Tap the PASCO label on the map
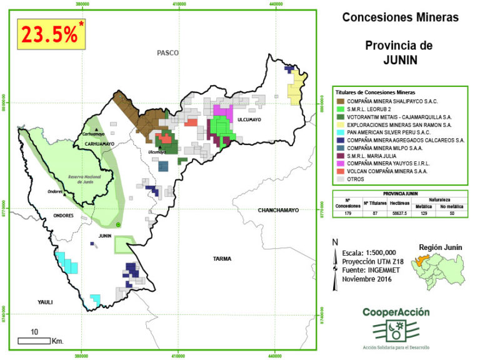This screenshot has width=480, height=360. tap(167, 53)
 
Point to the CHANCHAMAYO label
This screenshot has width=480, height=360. tap(279, 211)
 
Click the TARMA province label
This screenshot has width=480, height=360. tap(222, 257)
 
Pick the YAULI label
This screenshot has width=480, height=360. tap(45, 302)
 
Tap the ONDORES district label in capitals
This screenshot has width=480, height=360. tap(64, 216)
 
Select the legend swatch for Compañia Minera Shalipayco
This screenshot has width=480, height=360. tap(340, 101)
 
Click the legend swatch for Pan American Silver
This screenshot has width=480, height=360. tap(340, 132)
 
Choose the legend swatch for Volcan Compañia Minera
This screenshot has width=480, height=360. tap(340, 171)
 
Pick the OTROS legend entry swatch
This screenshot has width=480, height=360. tap(340, 179)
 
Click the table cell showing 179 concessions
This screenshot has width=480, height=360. tap(347, 213)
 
